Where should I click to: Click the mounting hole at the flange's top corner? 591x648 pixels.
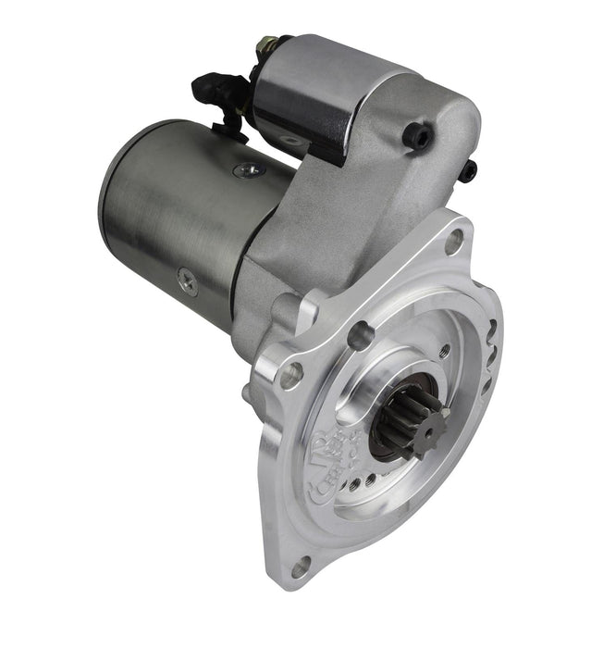[x=454, y=242]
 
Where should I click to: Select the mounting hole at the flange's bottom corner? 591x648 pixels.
[x=301, y=566]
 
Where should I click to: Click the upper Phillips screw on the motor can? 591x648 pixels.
[x=247, y=170]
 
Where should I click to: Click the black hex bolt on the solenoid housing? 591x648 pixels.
[x=418, y=137]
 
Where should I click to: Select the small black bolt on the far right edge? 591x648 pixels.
[x=469, y=169]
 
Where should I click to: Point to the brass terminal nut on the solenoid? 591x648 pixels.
[x=268, y=44]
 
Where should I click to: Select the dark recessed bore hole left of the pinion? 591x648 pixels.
[x=360, y=334]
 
